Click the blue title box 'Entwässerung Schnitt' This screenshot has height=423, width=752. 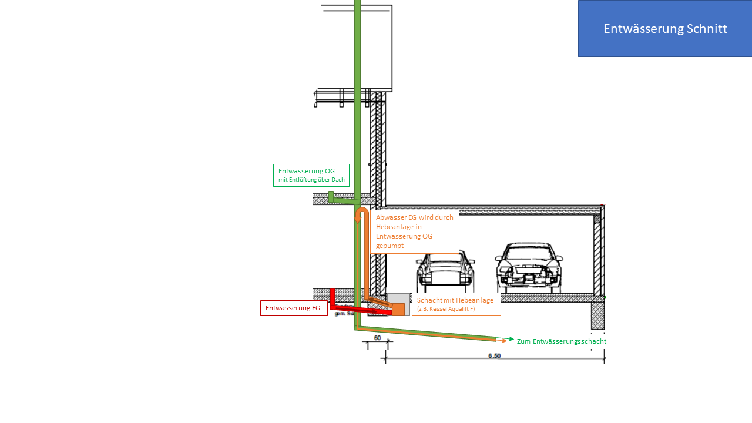coord(664,29)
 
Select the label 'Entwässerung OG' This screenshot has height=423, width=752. coord(307,171)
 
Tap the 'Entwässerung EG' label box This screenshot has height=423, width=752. coord(293,308)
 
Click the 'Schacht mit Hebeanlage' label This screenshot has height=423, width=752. coord(455,300)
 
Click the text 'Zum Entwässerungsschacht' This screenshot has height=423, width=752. coord(561,341)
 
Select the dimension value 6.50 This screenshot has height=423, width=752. coord(494,356)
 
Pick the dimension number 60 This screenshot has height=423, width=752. coord(377,338)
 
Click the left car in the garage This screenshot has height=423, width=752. coord(445,273)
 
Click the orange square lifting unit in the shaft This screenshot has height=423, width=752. coord(398,309)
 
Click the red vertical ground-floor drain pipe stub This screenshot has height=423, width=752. coord(332,297)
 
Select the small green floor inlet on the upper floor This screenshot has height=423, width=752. coord(331,196)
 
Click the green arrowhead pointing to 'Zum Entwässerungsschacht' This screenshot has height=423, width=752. coord(511,339)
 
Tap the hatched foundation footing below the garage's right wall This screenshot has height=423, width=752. coord(597,315)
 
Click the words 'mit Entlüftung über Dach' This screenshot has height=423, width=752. coord(311,180)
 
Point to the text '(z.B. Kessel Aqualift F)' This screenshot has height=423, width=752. coord(446,309)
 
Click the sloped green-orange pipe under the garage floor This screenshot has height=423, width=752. coord(429,333)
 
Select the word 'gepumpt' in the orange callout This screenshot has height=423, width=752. coord(390,246)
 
